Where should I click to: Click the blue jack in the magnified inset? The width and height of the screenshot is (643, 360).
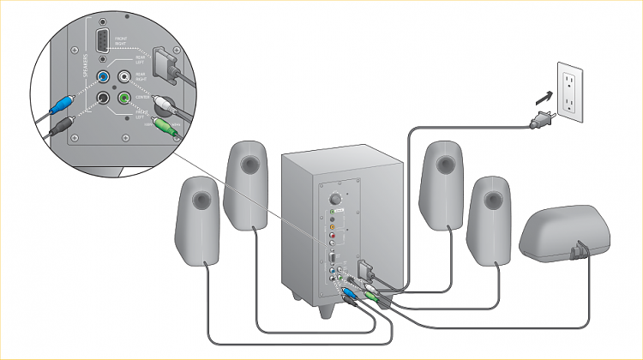(x=104, y=77)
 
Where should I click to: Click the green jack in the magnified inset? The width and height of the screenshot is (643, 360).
(x=125, y=99)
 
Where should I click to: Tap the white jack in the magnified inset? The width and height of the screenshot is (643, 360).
(x=126, y=77)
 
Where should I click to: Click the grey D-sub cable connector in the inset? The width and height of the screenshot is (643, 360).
(x=165, y=63)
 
